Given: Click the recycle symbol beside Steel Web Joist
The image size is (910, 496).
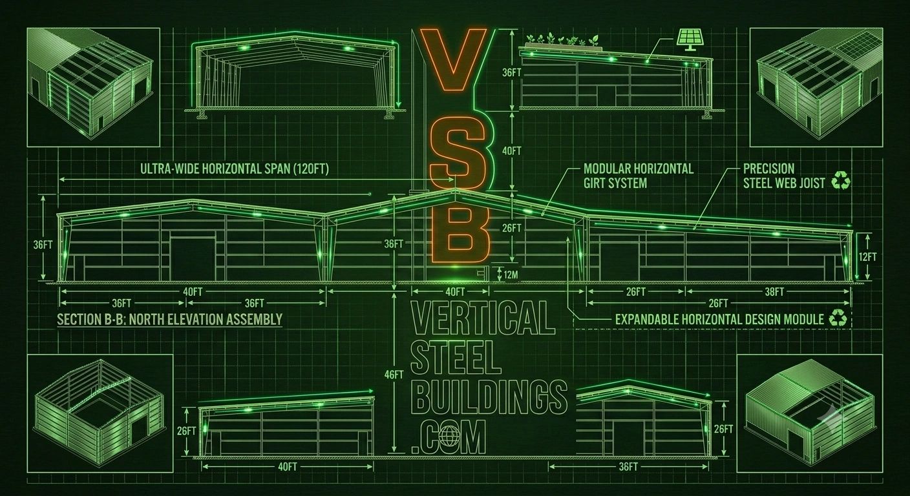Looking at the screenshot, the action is pyautogui.click(x=841, y=181).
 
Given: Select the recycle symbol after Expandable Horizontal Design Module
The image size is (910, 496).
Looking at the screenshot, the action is pyautogui.click(x=838, y=318).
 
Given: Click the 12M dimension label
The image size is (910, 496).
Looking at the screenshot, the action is pyautogui.click(x=511, y=274).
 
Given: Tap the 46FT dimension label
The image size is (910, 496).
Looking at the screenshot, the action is pyautogui.click(x=394, y=375).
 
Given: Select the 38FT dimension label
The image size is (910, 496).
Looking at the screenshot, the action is pyautogui.click(x=774, y=292).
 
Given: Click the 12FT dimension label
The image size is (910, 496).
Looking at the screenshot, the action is pyautogui.click(x=867, y=256).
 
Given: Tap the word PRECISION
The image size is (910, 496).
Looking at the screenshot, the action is pyautogui.click(x=768, y=169).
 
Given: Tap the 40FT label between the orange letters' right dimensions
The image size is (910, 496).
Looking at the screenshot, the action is pyautogui.click(x=511, y=151).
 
